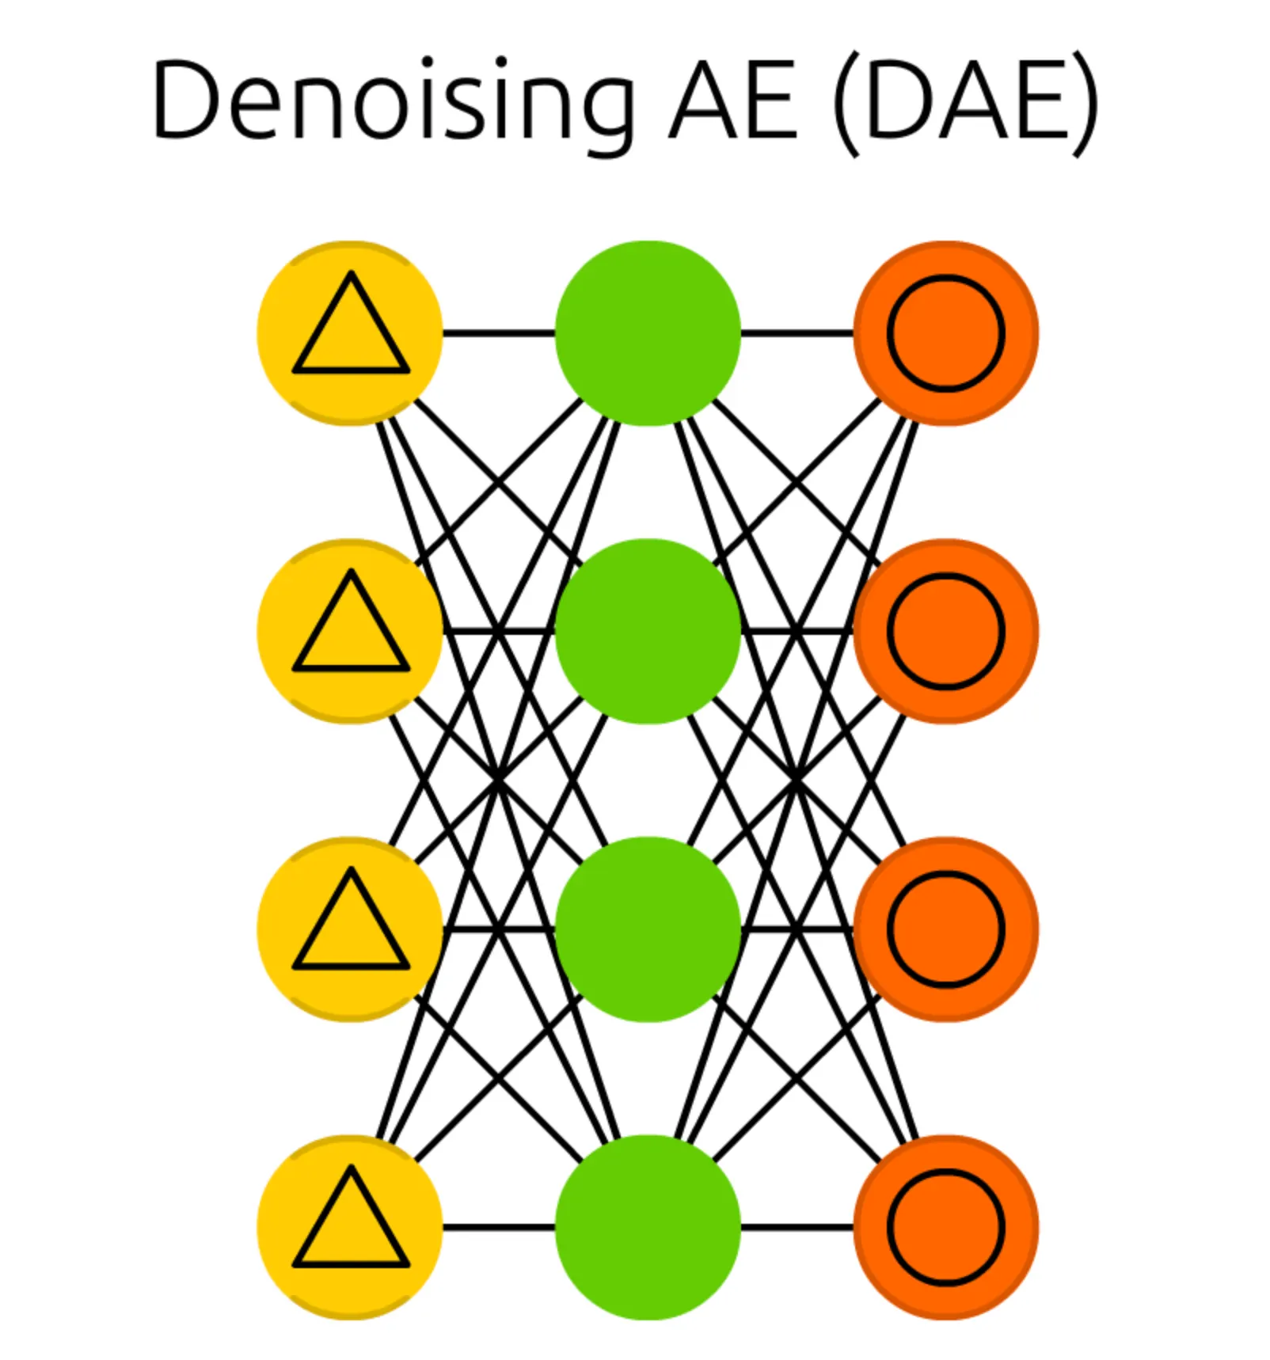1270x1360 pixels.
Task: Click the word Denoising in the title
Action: coord(394,101)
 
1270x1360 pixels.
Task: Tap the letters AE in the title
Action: coord(733,101)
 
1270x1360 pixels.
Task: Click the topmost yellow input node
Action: coord(350,332)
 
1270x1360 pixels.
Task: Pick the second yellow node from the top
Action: coord(350,631)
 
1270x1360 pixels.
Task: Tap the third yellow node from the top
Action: coord(350,929)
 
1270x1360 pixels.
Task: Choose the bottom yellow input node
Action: coord(350,1227)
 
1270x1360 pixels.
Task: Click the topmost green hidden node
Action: coord(648,332)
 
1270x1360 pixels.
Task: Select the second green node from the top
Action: coord(648,631)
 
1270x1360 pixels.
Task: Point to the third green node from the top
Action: coord(648,929)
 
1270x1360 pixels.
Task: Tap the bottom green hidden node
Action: coord(648,1227)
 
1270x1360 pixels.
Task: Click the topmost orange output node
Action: coord(945,332)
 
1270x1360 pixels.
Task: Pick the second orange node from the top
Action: coord(945,631)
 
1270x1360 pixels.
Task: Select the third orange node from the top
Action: coord(945,929)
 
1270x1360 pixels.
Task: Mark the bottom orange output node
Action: coord(945,1227)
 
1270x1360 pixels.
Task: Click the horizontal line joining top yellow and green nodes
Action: coord(499,332)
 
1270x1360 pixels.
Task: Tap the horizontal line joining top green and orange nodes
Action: coord(797,332)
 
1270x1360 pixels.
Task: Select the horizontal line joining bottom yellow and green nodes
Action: coord(499,1227)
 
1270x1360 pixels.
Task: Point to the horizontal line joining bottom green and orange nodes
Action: coord(797,1227)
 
